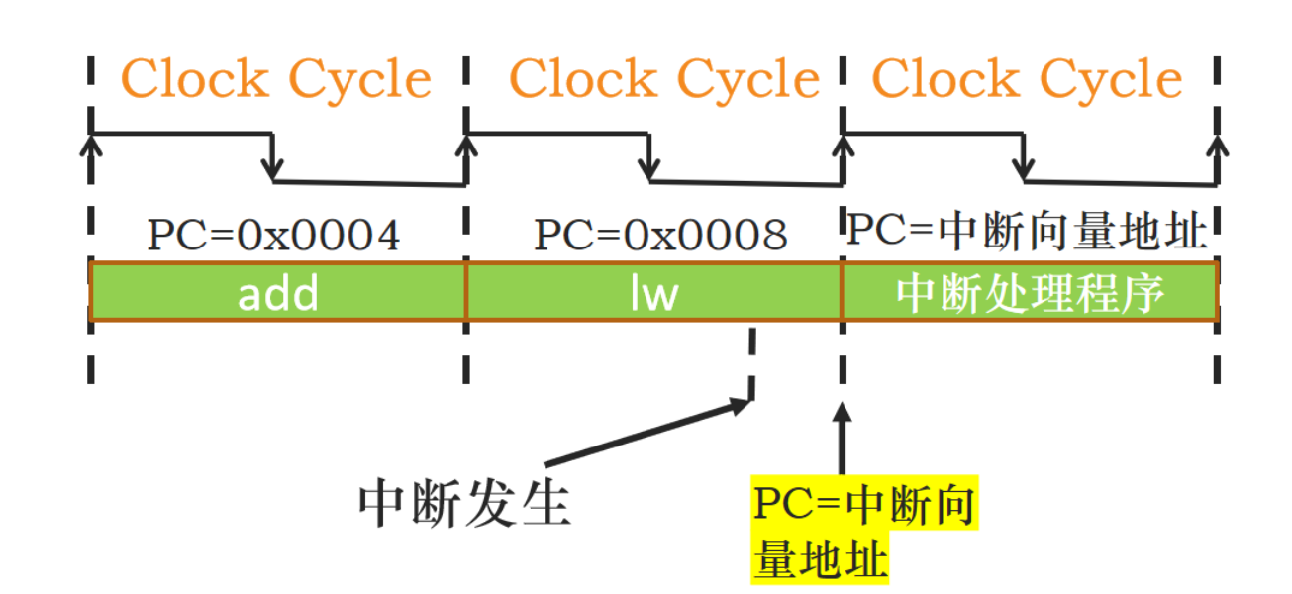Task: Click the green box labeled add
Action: (x=278, y=292)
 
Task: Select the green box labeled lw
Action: (x=653, y=292)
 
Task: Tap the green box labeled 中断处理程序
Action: (x=1030, y=292)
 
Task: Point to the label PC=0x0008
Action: (x=660, y=236)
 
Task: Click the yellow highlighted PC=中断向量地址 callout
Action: (x=863, y=533)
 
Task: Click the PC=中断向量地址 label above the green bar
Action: (x=1028, y=232)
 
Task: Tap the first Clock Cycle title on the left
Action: (x=276, y=79)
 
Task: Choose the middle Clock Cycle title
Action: (x=664, y=79)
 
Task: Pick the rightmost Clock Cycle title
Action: (x=1027, y=79)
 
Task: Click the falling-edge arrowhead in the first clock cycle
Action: (x=274, y=170)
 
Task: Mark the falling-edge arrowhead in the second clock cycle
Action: (x=649, y=170)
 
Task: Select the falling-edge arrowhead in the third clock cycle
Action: (x=1027, y=170)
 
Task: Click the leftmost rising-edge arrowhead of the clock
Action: (x=91, y=145)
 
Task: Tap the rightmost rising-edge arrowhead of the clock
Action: (x=1219, y=145)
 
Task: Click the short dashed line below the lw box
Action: (x=752, y=362)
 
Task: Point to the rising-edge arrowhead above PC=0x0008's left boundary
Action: (x=466, y=145)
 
